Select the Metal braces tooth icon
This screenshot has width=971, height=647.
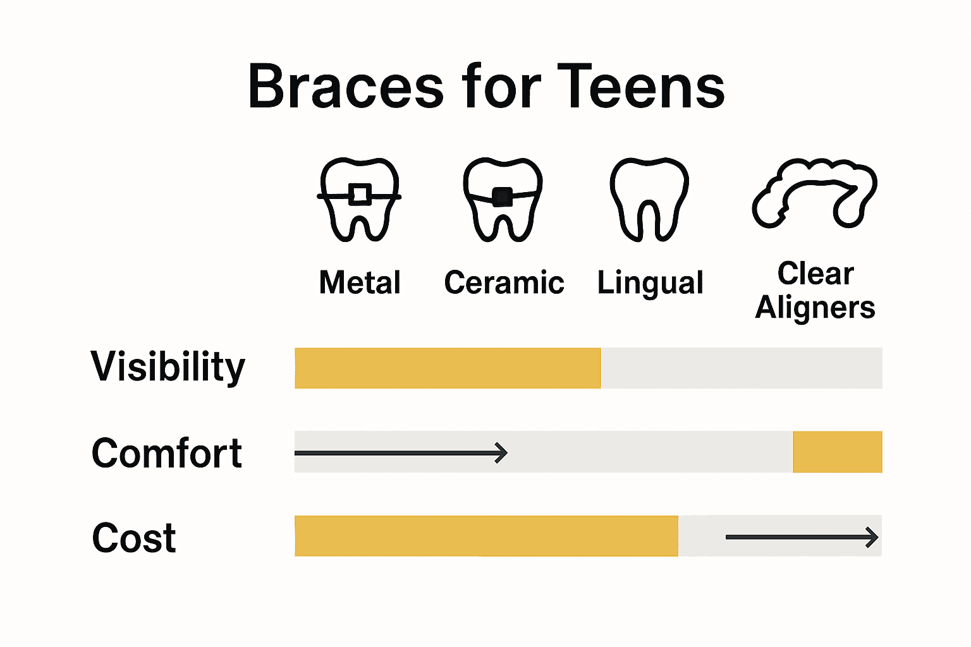(x=359, y=200)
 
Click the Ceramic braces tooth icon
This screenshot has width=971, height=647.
(x=503, y=200)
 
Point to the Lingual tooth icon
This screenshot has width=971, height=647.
(x=649, y=200)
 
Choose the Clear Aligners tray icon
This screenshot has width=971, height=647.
(x=814, y=193)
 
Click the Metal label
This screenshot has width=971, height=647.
(x=360, y=282)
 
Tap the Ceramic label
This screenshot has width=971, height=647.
(x=504, y=282)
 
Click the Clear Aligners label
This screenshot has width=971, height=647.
(x=815, y=291)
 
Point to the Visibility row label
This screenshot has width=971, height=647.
(x=168, y=367)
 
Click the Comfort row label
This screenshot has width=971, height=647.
(x=167, y=453)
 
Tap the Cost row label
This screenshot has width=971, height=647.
(x=134, y=538)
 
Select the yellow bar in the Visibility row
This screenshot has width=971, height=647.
(x=448, y=368)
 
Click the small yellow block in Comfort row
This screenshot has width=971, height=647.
(x=837, y=452)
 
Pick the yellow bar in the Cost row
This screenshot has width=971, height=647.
(x=486, y=536)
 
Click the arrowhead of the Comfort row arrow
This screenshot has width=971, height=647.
(x=503, y=452)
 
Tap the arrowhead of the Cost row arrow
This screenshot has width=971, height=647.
(x=873, y=537)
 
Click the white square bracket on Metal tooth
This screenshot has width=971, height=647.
(x=360, y=194)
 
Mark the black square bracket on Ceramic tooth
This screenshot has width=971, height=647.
(x=502, y=197)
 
